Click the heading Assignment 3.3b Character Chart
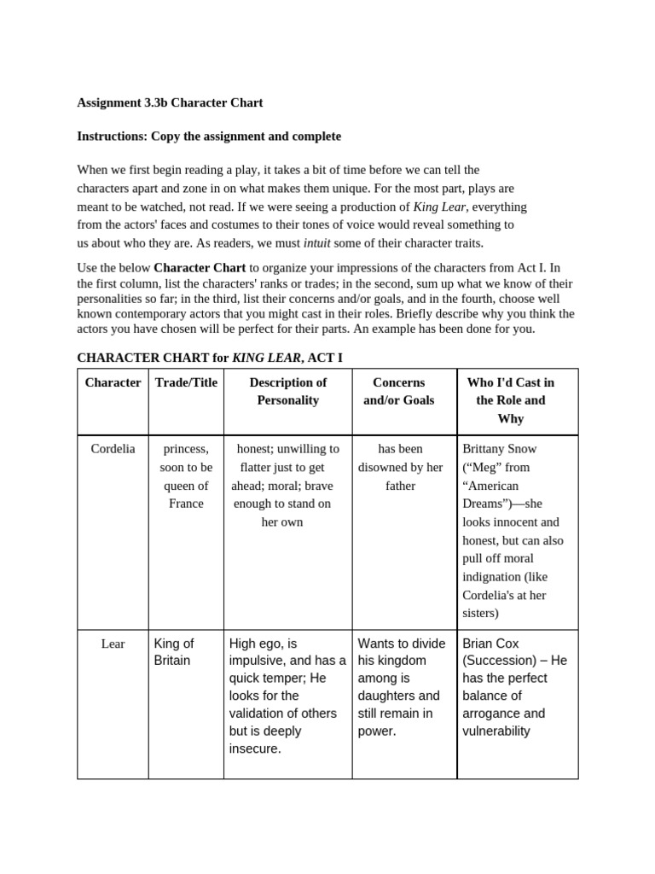pos(170,102)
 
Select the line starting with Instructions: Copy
pos(209,137)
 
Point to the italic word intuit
pos(317,242)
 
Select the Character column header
pos(113,382)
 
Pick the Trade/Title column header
pos(186,382)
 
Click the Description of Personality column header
pos(288,391)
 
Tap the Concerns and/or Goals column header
pos(398,391)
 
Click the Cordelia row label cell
pos(113,449)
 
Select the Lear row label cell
pos(113,644)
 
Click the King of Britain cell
pos(174,652)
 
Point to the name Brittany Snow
pos(500,449)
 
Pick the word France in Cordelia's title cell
pos(186,504)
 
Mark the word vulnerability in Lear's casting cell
pos(496,731)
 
